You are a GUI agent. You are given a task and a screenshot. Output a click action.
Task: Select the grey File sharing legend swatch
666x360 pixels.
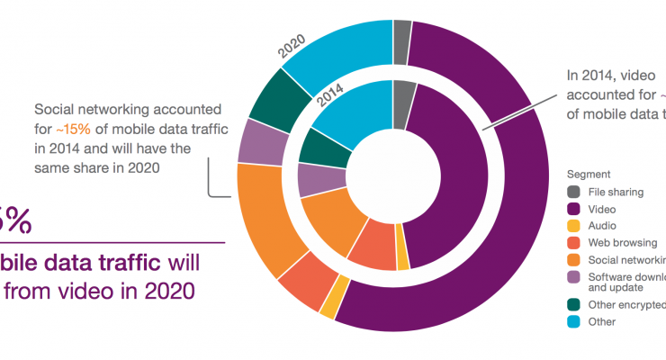(572, 191)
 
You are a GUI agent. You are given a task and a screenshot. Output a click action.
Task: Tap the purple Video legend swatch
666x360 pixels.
(572, 208)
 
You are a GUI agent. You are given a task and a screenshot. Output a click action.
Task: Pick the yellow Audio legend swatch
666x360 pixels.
(572, 225)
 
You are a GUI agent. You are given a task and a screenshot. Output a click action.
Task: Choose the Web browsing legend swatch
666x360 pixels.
(572, 242)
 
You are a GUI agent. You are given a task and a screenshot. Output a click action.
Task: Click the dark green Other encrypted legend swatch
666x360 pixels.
(572, 304)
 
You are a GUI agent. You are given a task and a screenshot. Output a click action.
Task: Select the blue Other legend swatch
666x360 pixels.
(572, 321)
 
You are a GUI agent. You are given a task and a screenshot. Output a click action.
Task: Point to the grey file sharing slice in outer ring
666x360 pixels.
(402, 31)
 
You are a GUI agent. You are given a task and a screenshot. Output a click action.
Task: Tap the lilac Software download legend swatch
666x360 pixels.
(572, 276)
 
